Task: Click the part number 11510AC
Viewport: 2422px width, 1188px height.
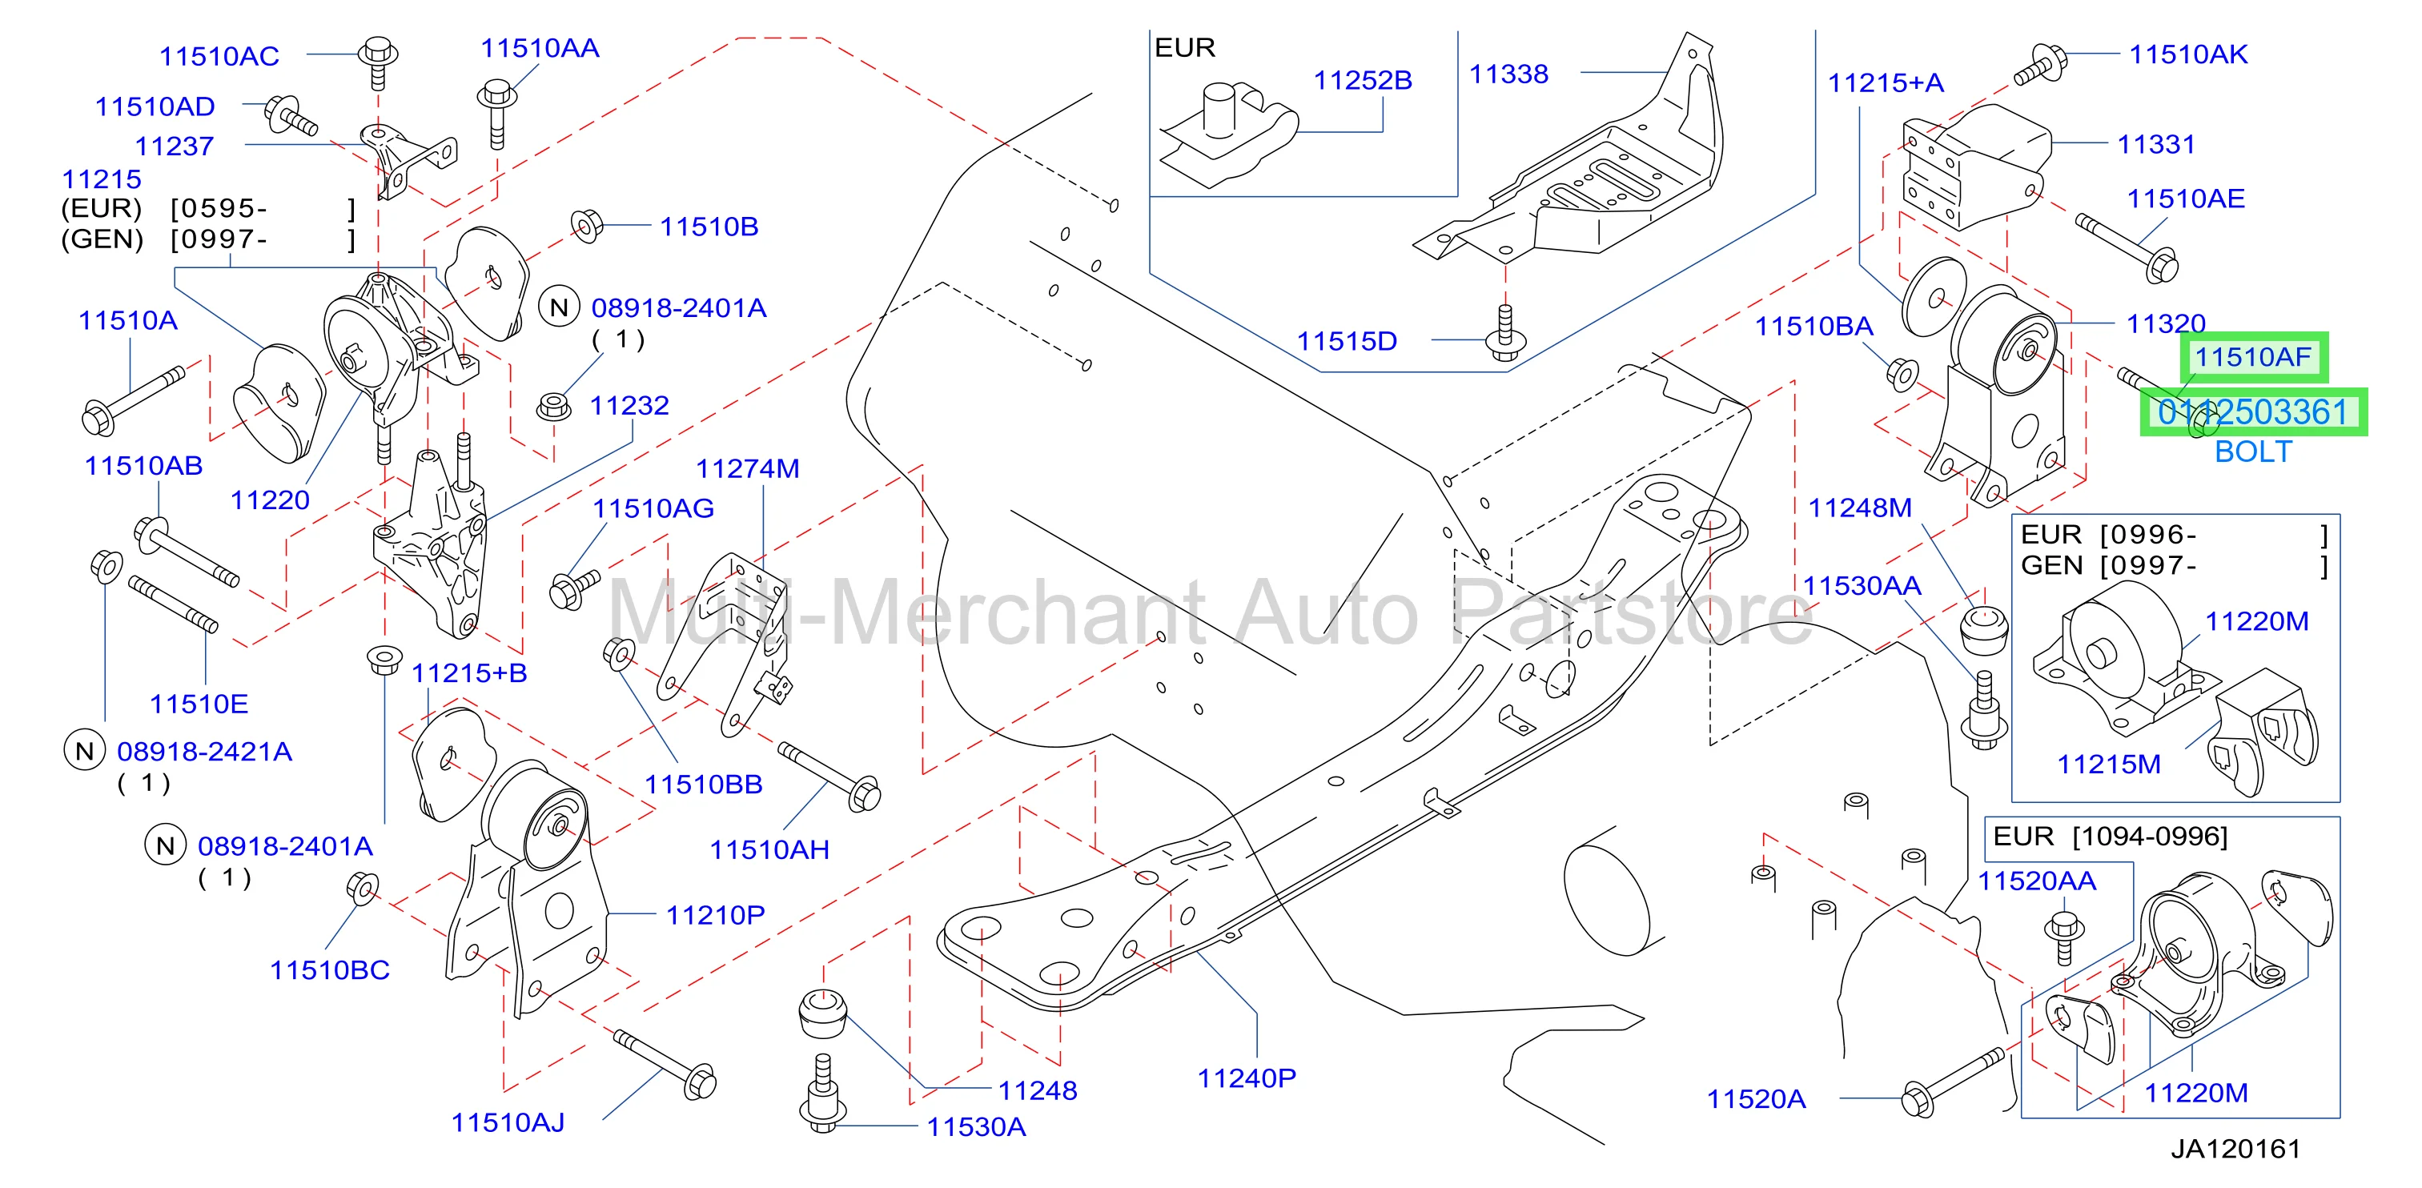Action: click(x=219, y=56)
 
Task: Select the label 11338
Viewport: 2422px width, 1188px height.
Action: click(x=1508, y=74)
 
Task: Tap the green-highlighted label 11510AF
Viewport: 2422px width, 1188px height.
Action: click(x=2253, y=357)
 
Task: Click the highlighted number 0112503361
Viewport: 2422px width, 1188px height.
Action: click(x=2253, y=411)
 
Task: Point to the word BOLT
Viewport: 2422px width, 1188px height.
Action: click(x=2253, y=452)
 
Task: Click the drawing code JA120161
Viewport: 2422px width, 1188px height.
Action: click(x=2235, y=1149)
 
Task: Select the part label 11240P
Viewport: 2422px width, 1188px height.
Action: click(x=1246, y=1078)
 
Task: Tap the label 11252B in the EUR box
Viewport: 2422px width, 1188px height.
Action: click(x=1363, y=81)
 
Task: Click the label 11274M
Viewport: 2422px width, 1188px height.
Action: click(x=748, y=469)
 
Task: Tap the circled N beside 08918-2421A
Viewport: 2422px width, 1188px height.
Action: click(x=85, y=751)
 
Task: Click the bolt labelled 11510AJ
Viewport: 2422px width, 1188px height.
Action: click(x=665, y=1064)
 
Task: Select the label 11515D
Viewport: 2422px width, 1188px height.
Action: click(x=1347, y=341)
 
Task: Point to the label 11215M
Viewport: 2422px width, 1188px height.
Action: click(x=2108, y=765)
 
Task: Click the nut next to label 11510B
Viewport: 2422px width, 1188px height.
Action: click(x=587, y=227)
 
